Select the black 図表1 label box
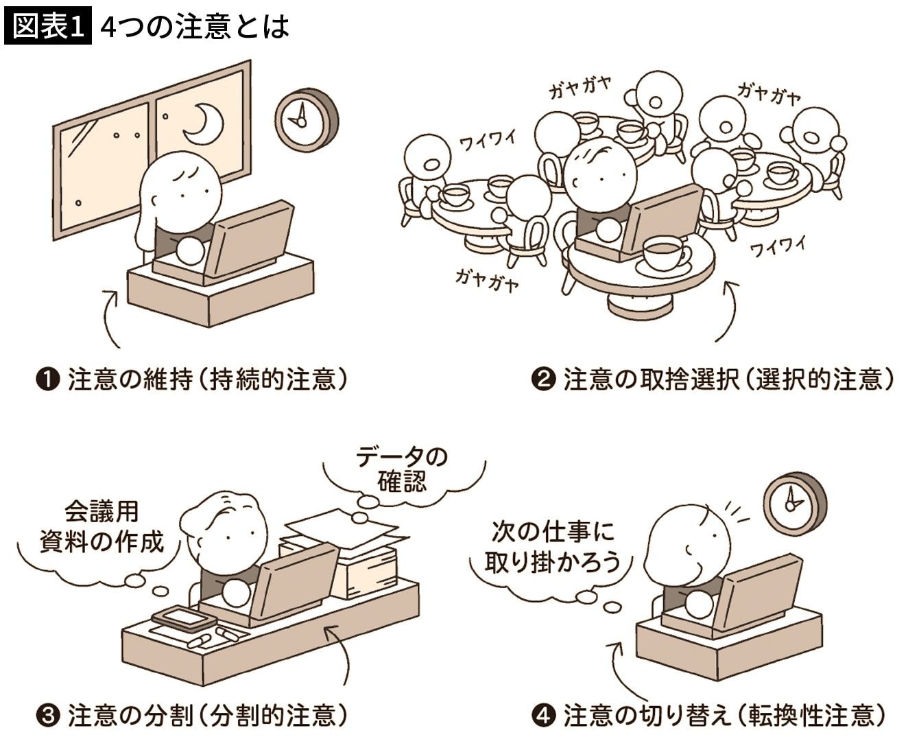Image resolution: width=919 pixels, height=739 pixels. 48,25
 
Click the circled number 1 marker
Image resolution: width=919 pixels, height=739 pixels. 47,380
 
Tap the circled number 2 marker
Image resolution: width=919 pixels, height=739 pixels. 544,380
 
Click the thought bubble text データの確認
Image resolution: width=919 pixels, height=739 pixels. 402,469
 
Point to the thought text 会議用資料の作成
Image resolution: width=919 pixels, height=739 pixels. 102,527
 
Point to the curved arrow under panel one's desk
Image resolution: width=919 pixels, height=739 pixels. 108,318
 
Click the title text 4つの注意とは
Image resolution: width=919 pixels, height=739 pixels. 195,27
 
